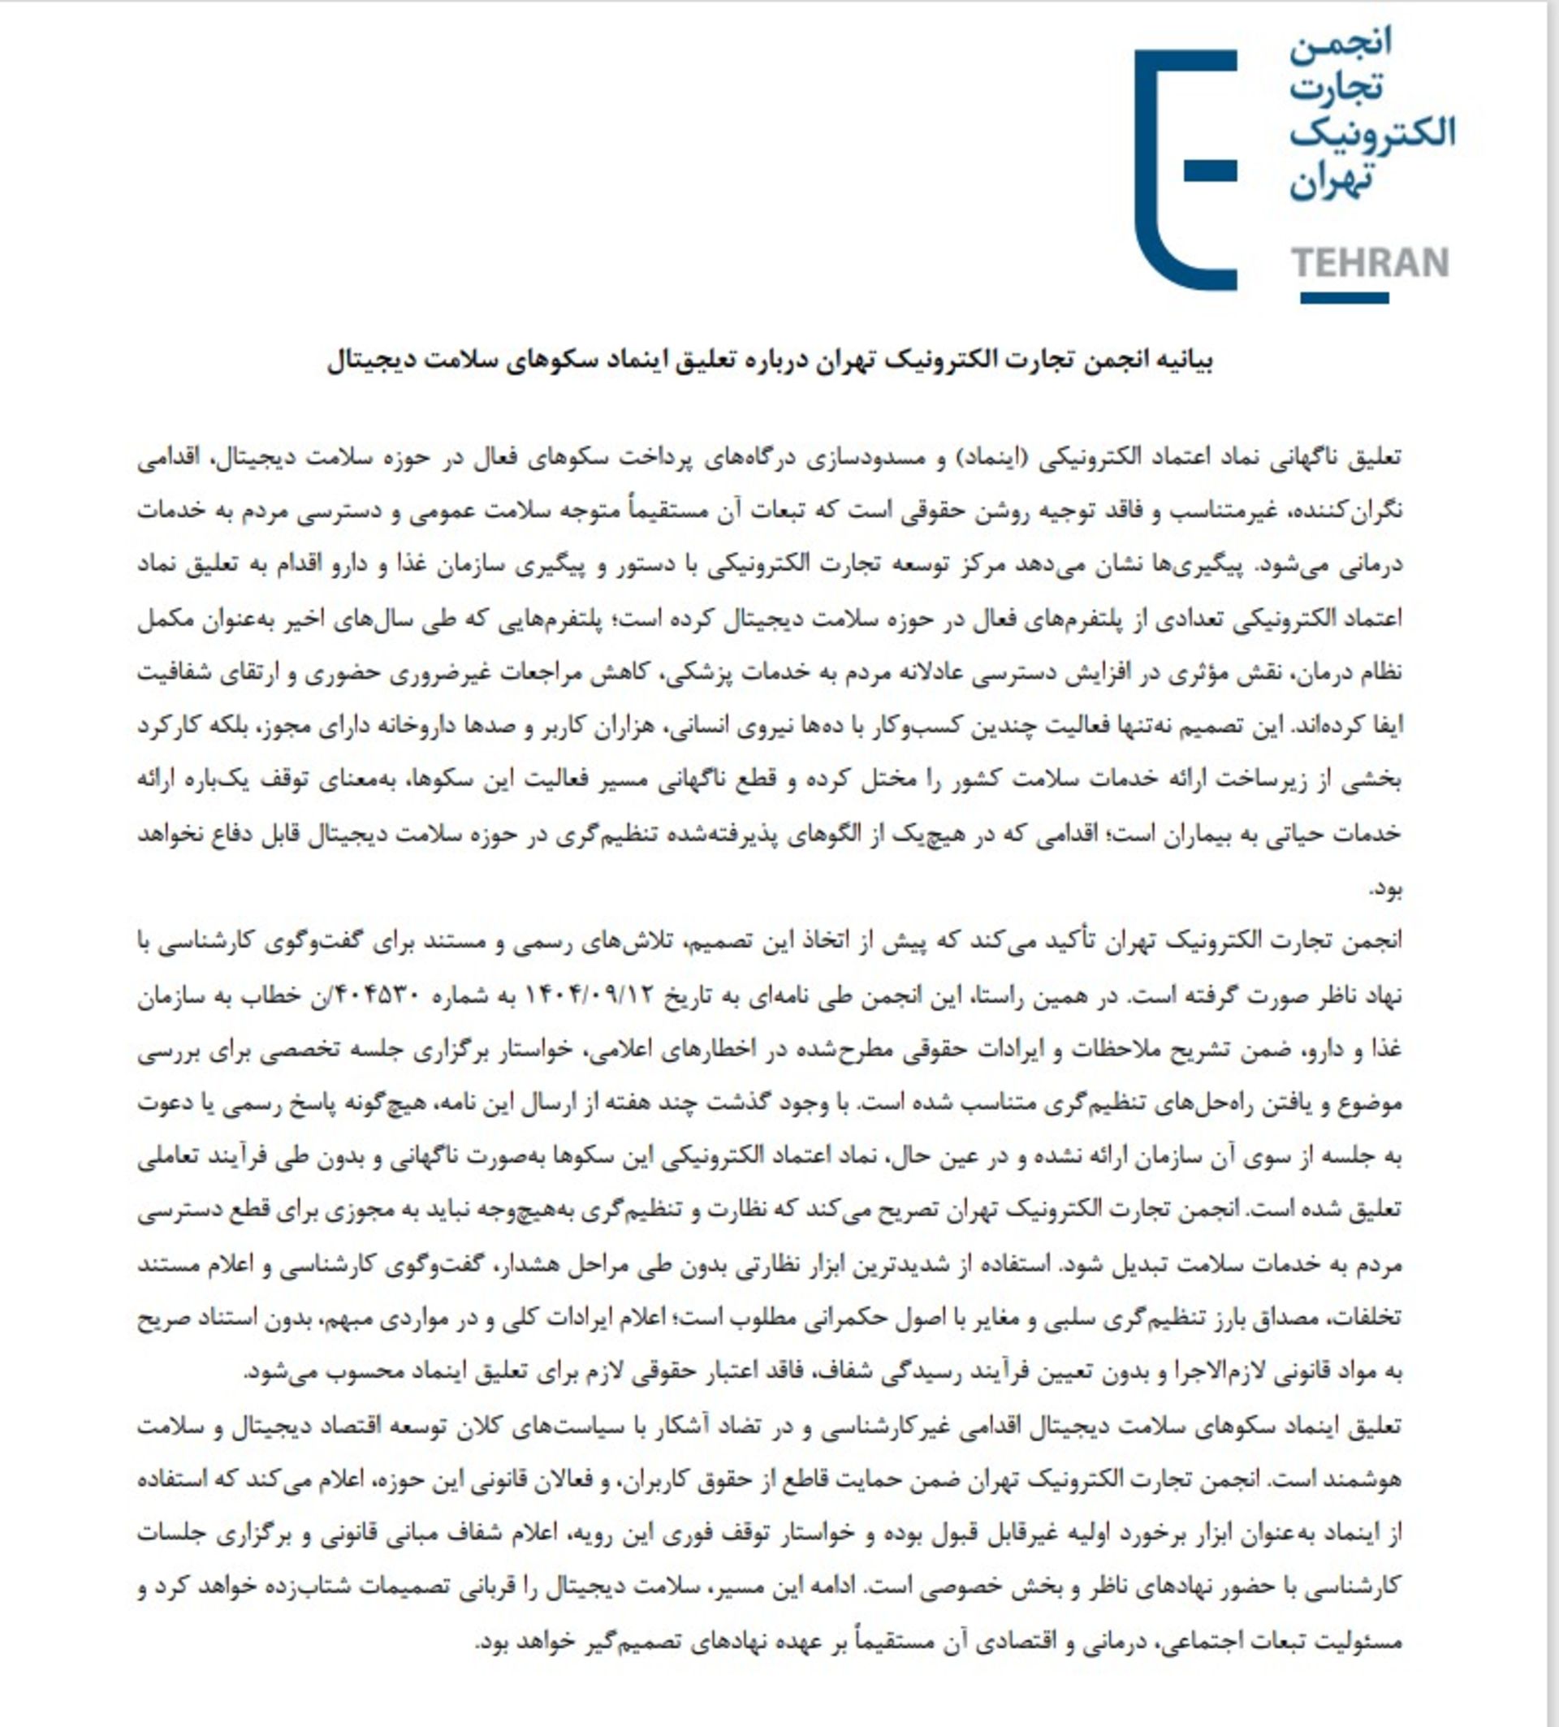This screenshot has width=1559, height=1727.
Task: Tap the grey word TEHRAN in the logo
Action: tap(1369, 263)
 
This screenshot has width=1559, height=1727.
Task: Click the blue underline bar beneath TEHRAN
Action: tap(1344, 298)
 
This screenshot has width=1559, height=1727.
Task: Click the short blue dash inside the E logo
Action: tap(1211, 171)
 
